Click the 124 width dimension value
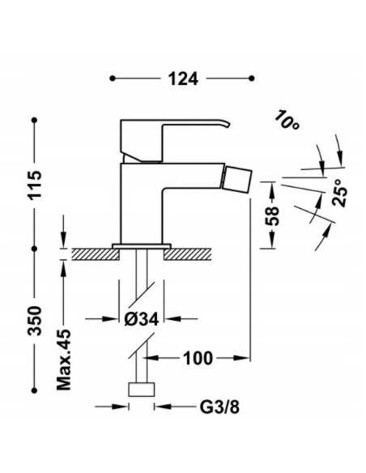click(x=183, y=79)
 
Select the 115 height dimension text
click(x=35, y=185)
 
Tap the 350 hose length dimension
click(x=35, y=321)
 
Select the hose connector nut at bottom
click(x=142, y=389)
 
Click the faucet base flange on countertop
click(x=142, y=244)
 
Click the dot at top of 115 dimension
click(x=35, y=120)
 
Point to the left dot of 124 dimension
click(x=113, y=79)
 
